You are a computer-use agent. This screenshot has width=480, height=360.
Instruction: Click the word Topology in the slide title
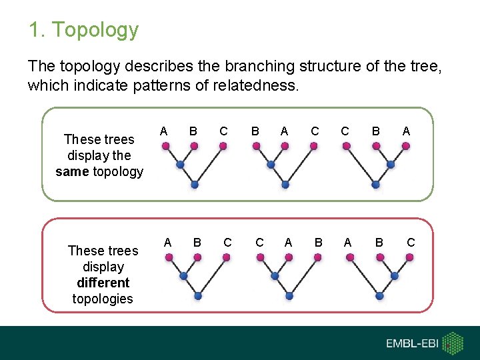point(95,30)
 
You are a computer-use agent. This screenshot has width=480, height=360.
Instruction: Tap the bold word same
point(71,171)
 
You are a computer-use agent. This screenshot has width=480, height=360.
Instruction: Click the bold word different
point(103,283)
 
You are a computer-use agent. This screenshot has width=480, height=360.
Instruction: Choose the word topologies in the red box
point(103,299)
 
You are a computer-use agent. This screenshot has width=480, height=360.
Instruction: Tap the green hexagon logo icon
point(453,343)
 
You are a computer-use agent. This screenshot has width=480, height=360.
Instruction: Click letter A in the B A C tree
point(285,131)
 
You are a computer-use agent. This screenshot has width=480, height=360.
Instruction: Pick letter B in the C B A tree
point(375,131)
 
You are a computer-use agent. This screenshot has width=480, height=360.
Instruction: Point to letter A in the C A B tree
point(288,243)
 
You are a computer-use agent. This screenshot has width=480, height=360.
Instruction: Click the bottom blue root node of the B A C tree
point(285,184)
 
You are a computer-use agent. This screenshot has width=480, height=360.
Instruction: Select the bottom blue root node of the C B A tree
point(376,184)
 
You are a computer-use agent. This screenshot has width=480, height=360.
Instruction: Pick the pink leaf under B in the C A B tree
point(317,257)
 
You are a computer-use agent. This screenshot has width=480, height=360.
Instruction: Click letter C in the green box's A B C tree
point(223,131)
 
